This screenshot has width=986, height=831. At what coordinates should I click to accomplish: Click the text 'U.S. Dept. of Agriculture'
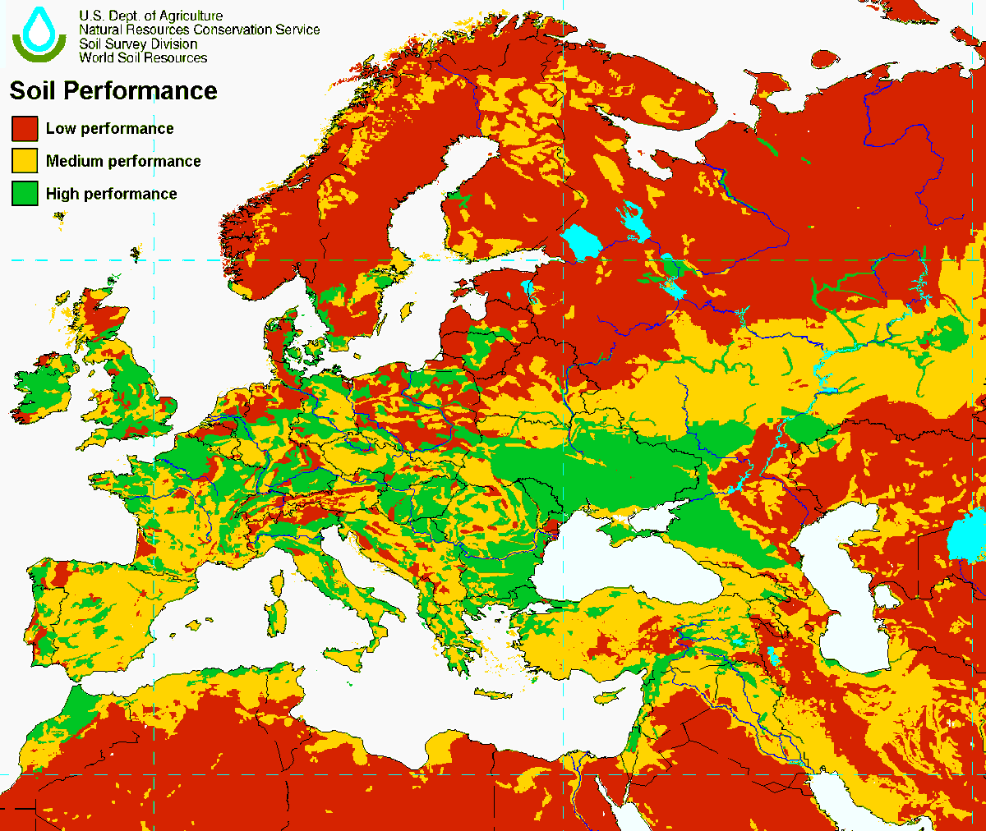coord(151,16)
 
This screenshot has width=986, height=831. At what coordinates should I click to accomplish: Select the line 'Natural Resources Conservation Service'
coord(199,30)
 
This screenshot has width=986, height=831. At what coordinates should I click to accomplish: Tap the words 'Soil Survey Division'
coord(138,44)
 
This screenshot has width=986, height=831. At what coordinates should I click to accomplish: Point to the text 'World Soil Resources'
coord(143,57)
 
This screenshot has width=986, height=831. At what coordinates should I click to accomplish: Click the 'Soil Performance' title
coord(113,90)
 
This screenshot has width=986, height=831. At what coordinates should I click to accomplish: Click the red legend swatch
coord(25,128)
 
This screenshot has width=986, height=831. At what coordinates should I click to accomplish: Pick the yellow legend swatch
coord(25,161)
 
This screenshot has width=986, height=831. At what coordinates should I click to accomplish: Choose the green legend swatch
coord(25,194)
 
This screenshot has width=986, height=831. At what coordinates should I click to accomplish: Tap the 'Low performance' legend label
coord(109,128)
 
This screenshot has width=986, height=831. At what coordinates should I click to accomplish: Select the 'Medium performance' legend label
coord(123,161)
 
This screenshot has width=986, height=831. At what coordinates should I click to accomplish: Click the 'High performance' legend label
coord(111,194)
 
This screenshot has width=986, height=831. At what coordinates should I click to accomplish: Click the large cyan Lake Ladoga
coord(582,242)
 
